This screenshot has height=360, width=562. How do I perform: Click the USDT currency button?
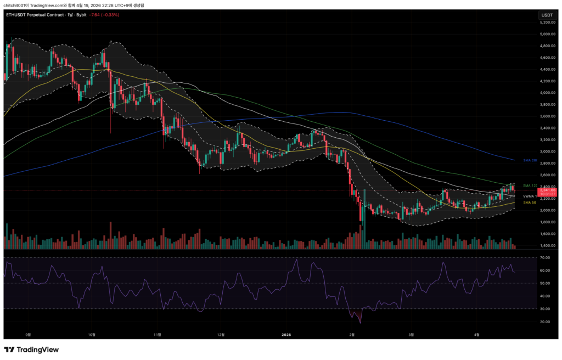click(547, 15)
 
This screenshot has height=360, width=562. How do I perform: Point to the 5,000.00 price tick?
click(547, 34)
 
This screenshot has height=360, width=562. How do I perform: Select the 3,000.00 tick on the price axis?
click(547, 151)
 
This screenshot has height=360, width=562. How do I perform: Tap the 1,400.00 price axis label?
click(547, 245)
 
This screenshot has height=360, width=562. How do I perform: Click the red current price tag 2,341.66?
click(547, 190)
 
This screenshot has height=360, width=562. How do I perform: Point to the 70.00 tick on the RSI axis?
click(545, 257)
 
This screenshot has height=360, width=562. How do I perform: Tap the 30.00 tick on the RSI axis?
click(545, 309)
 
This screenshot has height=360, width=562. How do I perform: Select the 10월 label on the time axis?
click(92, 334)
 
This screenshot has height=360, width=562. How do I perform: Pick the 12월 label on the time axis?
click(221, 334)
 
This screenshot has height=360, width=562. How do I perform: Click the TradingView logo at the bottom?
click(31, 350)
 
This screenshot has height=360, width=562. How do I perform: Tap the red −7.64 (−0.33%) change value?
click(104, 15)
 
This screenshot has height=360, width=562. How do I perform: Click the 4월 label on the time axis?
click(476, 334)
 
